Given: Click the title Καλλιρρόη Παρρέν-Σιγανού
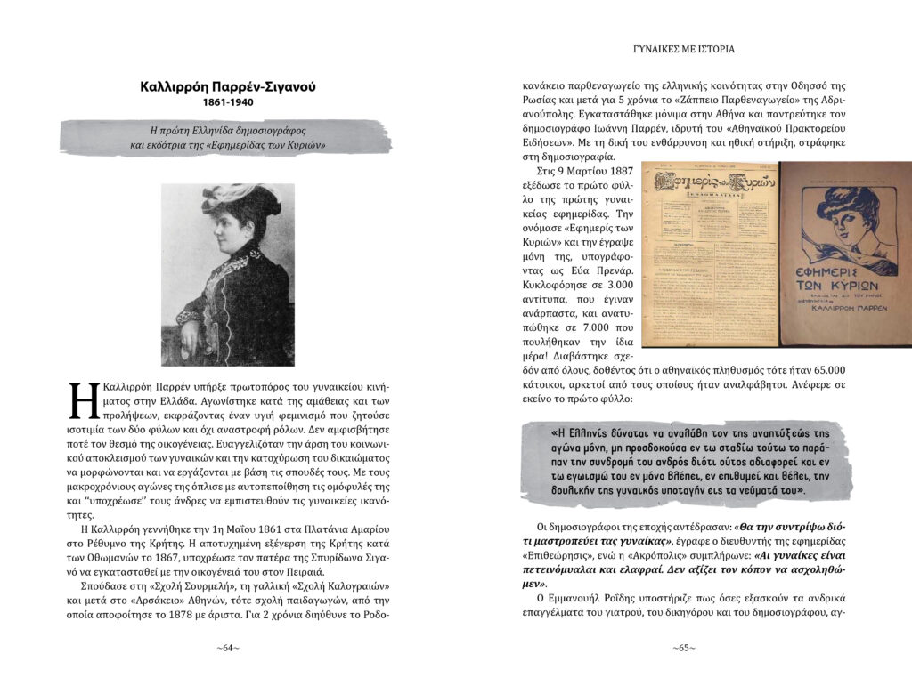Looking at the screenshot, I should click(x=228, y=86).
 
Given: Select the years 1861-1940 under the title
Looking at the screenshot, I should click(x=228, y=103).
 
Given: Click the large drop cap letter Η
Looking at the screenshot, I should click(x=81, y=401).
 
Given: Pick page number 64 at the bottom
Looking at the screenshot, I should click(x=228, y=648).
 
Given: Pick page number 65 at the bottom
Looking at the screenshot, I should click(x=684, y=648).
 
